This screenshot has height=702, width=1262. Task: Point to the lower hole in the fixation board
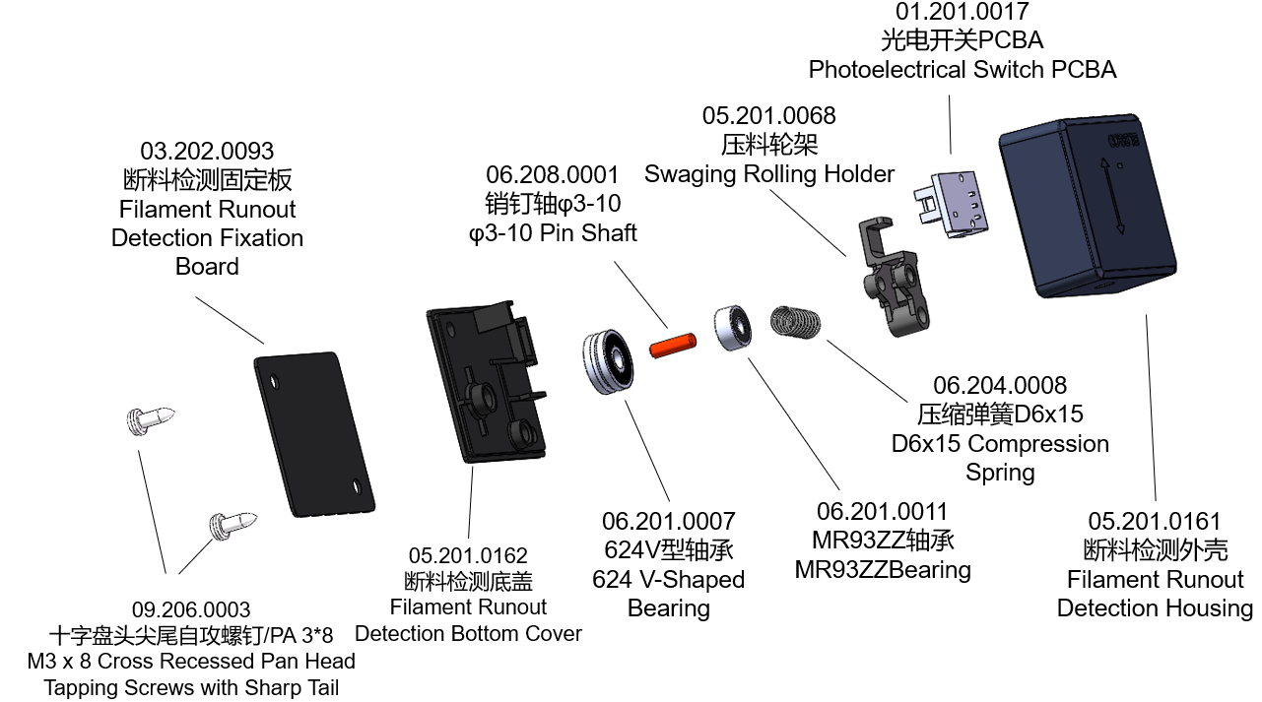tap(358, 484)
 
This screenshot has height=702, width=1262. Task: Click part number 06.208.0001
tap(553, 175)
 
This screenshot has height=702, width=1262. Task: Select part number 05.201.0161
tap(1155, 522)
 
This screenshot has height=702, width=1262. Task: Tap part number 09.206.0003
tap(191, 609)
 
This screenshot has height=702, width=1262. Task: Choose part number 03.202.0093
tap(207, 152)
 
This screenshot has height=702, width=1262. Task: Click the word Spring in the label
tap(1000, 473)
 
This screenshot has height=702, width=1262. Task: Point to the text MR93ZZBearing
tap(883, 570)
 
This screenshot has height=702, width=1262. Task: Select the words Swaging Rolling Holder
tap(769, 174)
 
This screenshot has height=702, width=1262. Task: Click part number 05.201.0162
tap(468, 556)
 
